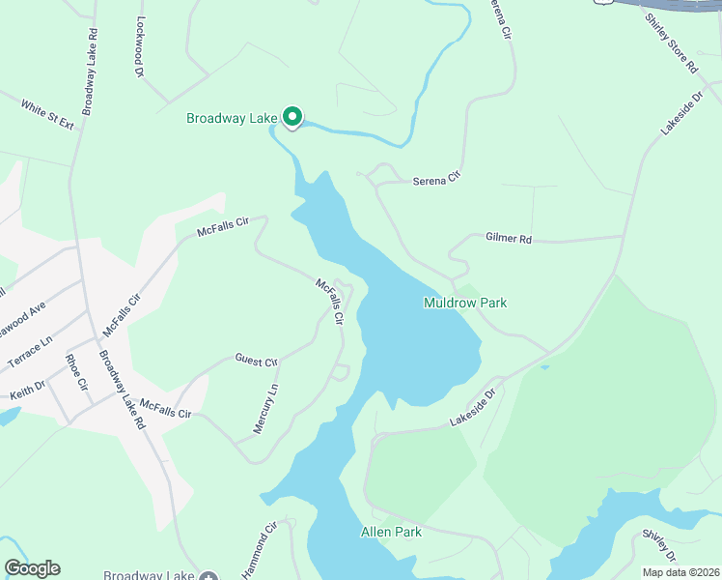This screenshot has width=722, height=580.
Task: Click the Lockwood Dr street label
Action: click(x=140, y=46)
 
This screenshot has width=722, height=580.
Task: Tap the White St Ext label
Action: click(x=48, y=116)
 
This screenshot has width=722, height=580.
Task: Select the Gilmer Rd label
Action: click(x=509, y=238)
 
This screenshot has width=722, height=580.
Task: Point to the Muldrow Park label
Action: click(x=465, y=303)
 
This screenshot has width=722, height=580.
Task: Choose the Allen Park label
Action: click(x=391, y=532)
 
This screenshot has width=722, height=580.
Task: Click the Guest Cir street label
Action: click(x=256, y=360)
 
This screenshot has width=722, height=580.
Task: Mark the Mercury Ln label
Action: click(x=265, y=409)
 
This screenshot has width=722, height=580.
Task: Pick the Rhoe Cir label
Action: click(x=76, y=372)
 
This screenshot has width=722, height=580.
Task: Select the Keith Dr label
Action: click(x=27, y=391)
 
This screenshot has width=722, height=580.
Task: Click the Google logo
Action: click(x=32, y=568)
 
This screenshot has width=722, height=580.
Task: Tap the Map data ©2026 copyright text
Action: click(x=680, y=572)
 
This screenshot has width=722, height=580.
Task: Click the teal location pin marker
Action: click(x=292, y=117)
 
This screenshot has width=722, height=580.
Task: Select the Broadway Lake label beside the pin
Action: click(x=232, y=119)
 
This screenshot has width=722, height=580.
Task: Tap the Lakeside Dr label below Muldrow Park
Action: click(x=473, y=408)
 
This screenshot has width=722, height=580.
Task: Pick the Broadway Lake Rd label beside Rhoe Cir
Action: click(x=122, y=390)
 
